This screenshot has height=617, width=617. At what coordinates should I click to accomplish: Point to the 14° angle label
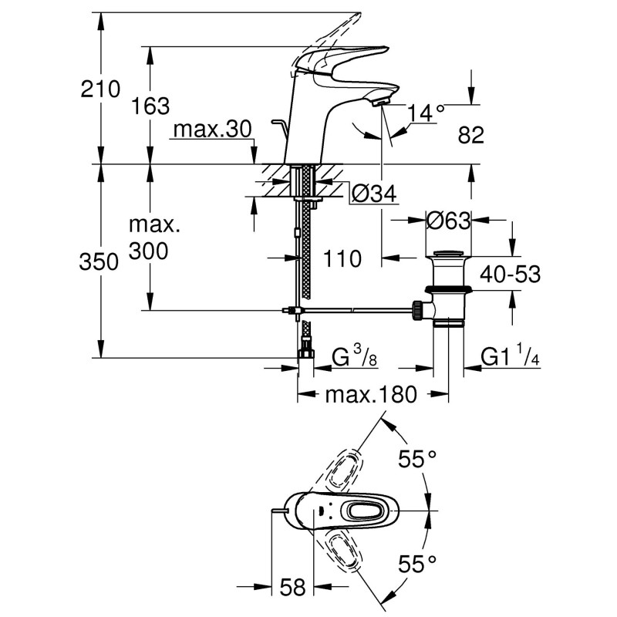tap(427, 113)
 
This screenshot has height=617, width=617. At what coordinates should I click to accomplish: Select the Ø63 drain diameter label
tap(447, 221)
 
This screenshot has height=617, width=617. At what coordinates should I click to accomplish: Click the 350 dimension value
tap(101, 262)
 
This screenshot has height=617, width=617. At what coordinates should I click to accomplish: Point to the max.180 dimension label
tap(370, 396)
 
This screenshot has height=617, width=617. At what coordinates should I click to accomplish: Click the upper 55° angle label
tap(417, 460)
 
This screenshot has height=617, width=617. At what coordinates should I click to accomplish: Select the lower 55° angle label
tap(417, 565)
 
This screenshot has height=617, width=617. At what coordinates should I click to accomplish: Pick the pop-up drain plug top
tap(450, 254)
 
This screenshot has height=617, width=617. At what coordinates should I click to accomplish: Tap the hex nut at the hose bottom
tap(305, 356)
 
